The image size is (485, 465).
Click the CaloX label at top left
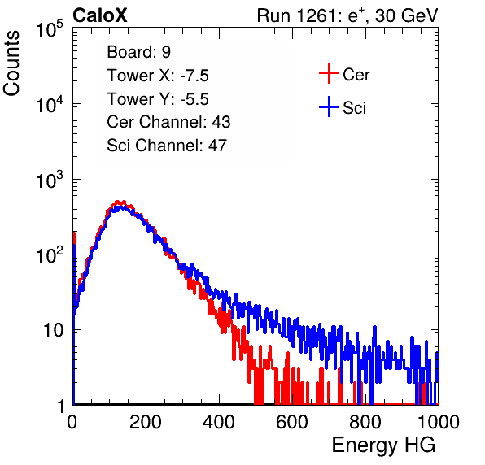(x=100, y=15)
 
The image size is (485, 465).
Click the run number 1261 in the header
(x=316, y=15)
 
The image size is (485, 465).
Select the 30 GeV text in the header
(x=407, y=15)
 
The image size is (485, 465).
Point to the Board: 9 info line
(x=139, y=51)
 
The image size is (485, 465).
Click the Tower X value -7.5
(x=194, y=76)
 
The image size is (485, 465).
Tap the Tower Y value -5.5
(x=194, y=99)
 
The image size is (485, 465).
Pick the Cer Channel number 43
(x=221, y=122)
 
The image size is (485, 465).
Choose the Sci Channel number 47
(x=217, y=146)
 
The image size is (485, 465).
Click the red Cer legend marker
(x=329, y=73)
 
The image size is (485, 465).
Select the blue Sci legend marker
(x=329, y=107)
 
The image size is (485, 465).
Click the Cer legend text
(x=356, y=75)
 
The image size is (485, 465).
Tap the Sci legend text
(x=355, y=108)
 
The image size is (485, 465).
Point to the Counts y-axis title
(x=11, y=63)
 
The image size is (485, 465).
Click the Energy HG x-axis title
(x=383, y=445)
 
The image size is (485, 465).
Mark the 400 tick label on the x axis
(x=219, y=422)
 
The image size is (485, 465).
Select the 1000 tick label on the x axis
(x=439, y=422)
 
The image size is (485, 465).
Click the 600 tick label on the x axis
(x=292, y=422)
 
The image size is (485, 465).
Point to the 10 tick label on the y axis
(x=53, y=330)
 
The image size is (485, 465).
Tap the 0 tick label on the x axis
(x=72, y=422)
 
